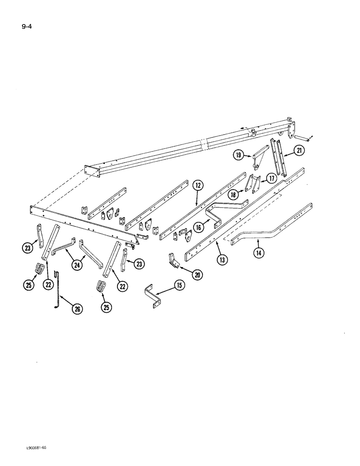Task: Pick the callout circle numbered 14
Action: tap(258, 253)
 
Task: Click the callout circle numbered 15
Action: tap(180, 285)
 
